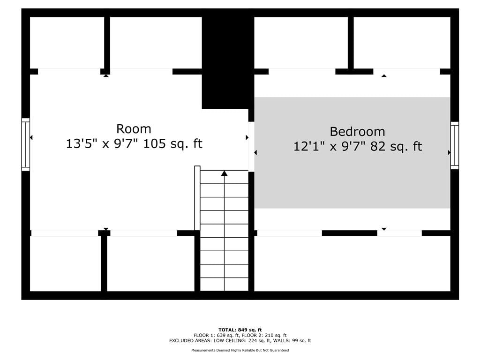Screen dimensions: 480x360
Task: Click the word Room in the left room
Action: click(134, 129)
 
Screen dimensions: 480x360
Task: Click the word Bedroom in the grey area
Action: click(357, 132)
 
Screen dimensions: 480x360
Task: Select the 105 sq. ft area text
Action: click(172, 143)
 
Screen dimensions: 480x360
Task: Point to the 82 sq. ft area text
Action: click(396, 146)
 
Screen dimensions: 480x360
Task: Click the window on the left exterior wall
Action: click(25, 144)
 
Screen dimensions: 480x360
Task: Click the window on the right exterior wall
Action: click(455, 145)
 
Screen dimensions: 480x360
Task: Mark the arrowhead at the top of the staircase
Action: click(225, 173)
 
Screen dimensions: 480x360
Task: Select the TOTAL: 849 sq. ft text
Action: click(240, 330)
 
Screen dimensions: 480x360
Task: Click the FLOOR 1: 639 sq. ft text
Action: click(216, 335)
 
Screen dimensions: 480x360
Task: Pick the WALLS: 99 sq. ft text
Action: click(292, 340)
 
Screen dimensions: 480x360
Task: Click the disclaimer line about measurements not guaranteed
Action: click(240, 350)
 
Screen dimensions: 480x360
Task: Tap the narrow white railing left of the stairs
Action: click(197, 198)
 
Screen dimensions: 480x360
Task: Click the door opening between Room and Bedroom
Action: click(251, 147)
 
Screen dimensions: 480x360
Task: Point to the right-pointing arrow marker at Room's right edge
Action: click(247, 137)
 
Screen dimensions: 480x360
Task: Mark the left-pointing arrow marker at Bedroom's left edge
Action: click(255, 152)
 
